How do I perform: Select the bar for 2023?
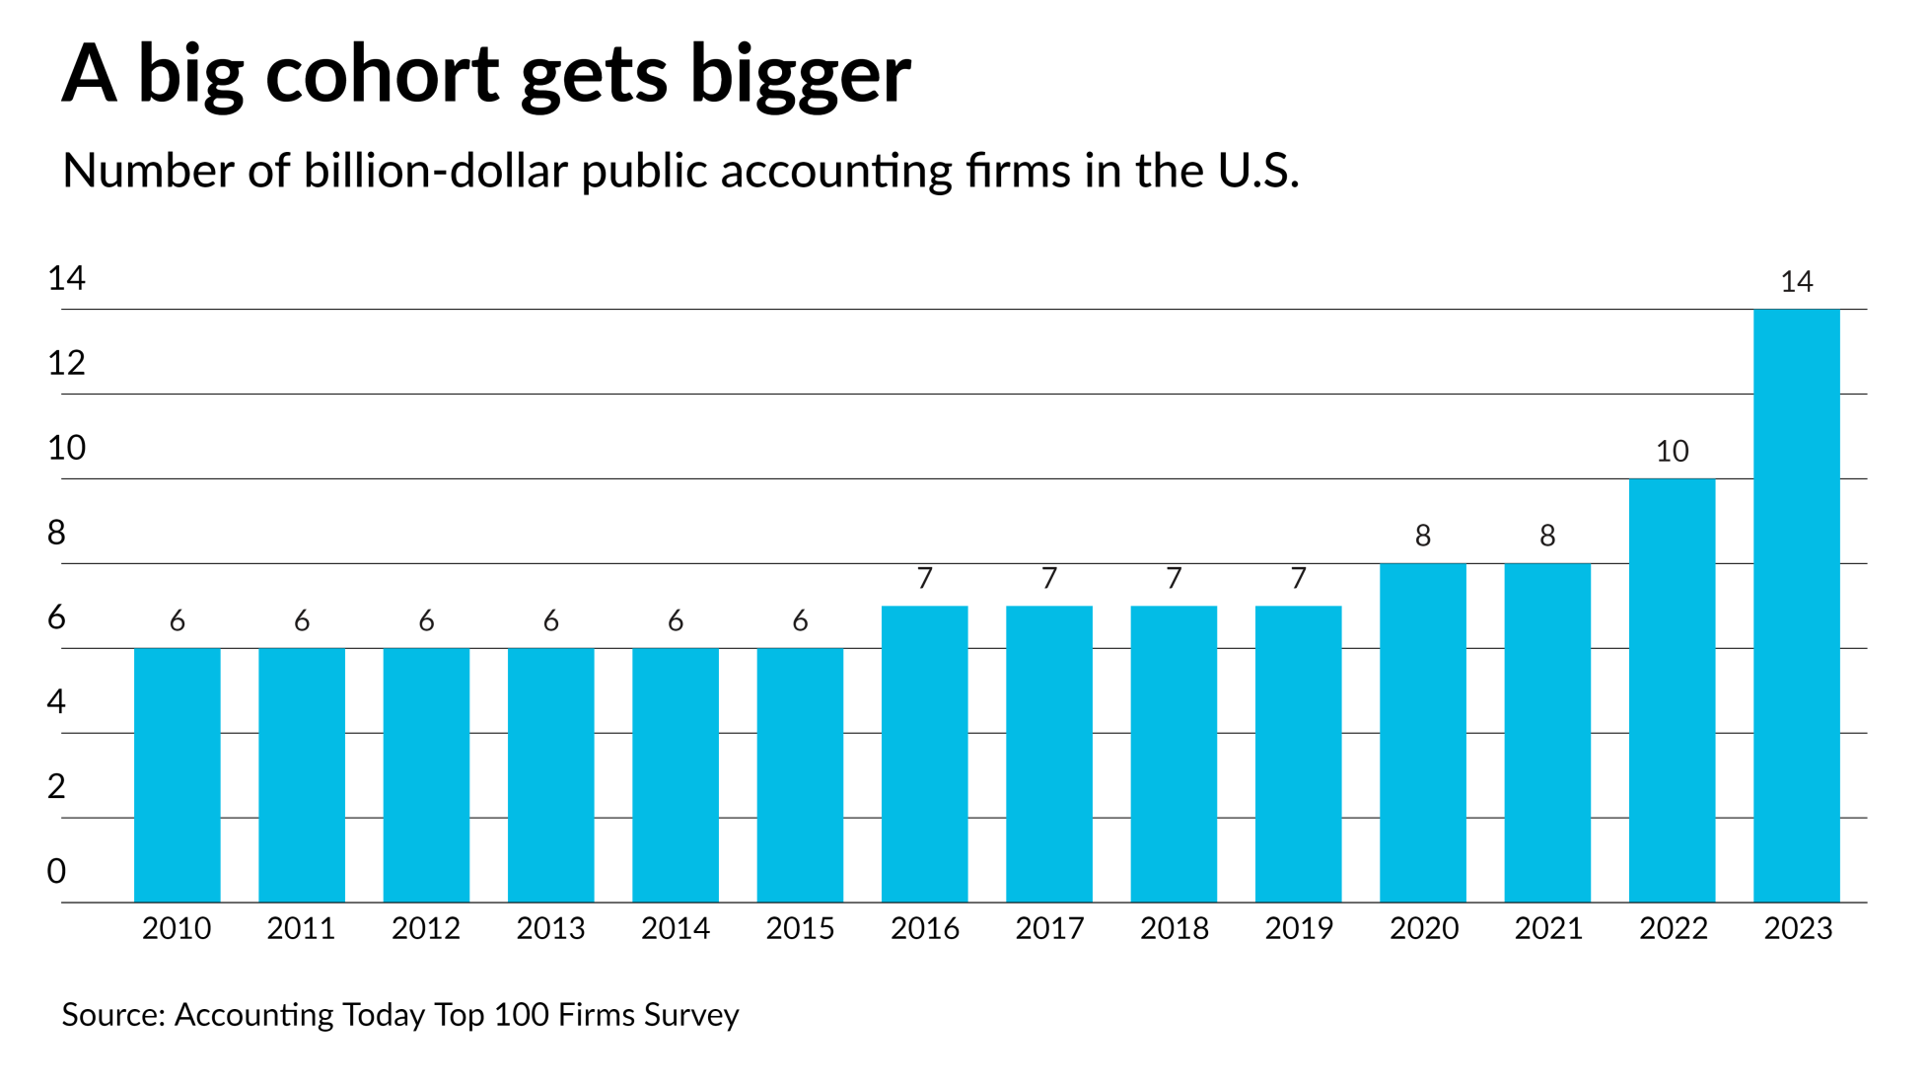(1796, 606)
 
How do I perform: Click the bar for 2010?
(178, 775)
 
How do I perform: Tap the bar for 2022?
(1672, 690)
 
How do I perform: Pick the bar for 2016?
(924, 754)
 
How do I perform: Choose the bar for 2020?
(1422, 733)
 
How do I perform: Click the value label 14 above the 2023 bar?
(1796, 282)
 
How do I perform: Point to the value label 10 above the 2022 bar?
(1672, 452)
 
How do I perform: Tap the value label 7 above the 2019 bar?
(1298, 578)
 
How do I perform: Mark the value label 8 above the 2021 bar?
(1547, 536)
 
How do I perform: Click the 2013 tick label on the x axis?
(550, 928)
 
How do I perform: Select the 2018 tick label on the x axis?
(1174, 928)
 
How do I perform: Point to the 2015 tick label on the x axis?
(800, 928)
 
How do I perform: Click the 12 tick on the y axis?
(66, 364)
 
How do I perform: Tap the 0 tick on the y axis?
(56, 872)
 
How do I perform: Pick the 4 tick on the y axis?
(56, 702)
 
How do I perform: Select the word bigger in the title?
(800, 77)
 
